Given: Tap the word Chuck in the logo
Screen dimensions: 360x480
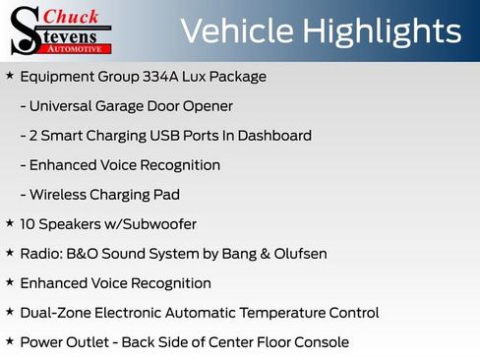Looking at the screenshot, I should tap(73, 17).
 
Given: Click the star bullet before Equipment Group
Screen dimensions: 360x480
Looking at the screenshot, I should tap(9, 76).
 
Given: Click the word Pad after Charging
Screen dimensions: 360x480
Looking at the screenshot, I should tap(167, 195).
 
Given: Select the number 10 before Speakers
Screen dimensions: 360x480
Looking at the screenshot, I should tap(28, 224).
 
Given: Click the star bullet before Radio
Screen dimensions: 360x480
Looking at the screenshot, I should tap(9, 253).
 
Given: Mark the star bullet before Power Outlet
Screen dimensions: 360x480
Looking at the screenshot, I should tap(9, 341).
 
